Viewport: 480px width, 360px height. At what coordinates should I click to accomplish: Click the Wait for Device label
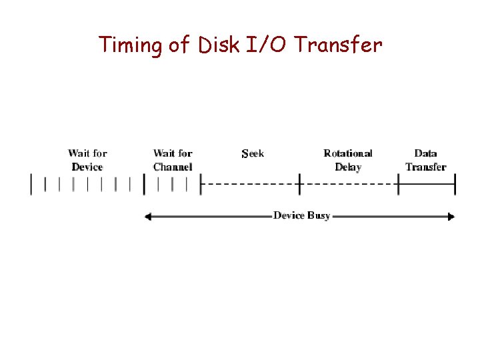pos(87,160)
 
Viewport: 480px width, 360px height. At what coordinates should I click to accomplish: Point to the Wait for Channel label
pos(173,160)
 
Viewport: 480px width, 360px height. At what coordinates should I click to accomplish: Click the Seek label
pos(253,153)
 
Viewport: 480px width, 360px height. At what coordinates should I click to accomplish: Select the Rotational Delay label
pos(348,160)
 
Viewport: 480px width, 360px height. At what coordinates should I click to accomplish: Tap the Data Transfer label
pos(425,160)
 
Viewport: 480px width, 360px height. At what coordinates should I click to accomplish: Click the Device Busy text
pos(301,216)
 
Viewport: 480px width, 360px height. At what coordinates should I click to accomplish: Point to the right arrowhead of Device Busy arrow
pos(452,216)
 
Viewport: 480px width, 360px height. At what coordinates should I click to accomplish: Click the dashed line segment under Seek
pos(250,183)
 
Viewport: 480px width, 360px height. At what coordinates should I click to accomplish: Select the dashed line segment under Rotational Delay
pos(349,183)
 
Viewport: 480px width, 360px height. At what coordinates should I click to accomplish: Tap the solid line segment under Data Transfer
pos(427,183)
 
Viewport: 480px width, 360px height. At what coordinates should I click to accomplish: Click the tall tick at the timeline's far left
pos(31,183)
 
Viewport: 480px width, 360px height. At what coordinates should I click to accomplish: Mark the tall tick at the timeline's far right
pos(455,183)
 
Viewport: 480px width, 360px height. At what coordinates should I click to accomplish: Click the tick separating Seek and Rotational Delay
pos(300,183)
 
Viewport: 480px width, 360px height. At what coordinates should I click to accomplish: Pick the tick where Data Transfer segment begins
pos(398,183)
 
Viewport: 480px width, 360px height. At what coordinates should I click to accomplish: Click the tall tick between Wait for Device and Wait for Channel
pos(144,183)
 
